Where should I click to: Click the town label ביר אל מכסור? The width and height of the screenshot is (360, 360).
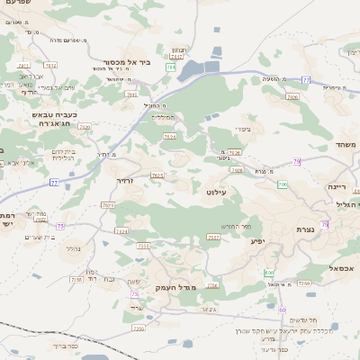point(125,62)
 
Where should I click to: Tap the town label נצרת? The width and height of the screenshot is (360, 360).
point(306,229)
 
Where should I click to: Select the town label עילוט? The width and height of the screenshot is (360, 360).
point(216,192)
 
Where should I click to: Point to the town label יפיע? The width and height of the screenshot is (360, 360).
point(256,242)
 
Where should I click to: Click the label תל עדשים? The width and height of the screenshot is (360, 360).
point(300,320)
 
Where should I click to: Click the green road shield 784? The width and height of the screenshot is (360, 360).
point(170,67)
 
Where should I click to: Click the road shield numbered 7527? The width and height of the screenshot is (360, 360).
point(213,237)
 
